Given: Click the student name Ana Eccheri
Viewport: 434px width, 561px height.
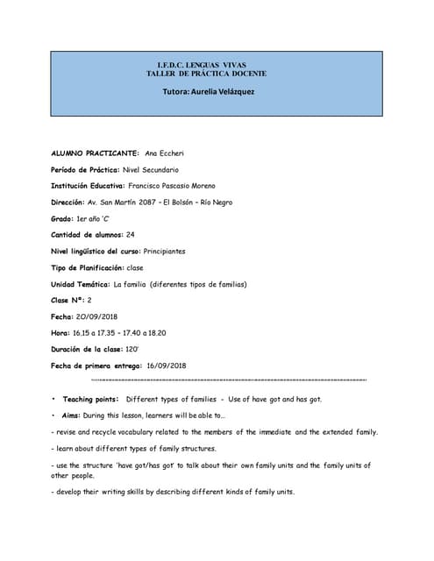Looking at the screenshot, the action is click(x=165, y=153).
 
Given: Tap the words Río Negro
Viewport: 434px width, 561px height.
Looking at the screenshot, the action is click(x=217, y=202).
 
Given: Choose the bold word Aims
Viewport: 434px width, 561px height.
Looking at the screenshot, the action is click(x=73, y=415).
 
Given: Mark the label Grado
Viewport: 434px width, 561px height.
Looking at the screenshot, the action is click(x=62, y=218).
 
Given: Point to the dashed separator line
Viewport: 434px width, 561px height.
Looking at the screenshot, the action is click(x=228, y=380).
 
